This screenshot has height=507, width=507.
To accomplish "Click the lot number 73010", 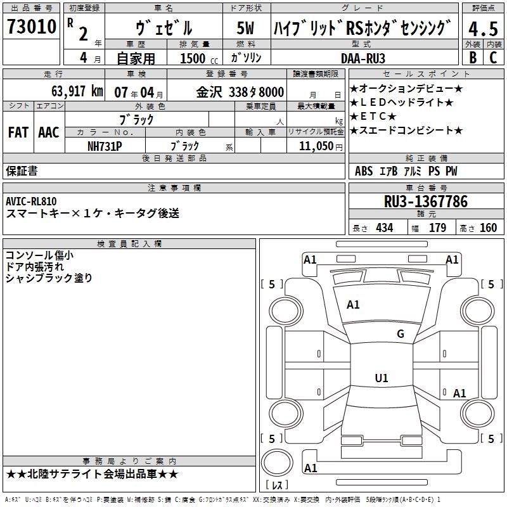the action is (x=32, y=27).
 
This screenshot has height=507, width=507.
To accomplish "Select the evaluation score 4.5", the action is (x=483, y=29).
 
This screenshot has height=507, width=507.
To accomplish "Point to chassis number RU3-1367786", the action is (x=426, y=202).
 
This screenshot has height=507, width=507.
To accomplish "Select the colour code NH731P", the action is (x=105, y=146).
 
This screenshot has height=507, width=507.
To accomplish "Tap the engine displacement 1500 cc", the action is (x=194, y=58).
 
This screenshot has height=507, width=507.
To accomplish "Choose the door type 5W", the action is (x=247, y=28).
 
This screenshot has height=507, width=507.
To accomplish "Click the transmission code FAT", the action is (x=18, y=132).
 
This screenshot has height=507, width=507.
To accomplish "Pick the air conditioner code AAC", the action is (x=49, y=132).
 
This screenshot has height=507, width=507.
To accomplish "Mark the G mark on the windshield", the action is (x=401, y=334).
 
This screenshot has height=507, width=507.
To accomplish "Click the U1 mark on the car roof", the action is (x=382, y=378).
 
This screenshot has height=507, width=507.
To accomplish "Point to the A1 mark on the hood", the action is (x=353, y=305).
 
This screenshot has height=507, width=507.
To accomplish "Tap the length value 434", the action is (x=385, y=228).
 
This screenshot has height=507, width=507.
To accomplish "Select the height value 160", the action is (x=488, y=228).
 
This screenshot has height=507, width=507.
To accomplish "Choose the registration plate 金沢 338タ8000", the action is (x=240, y=91).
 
